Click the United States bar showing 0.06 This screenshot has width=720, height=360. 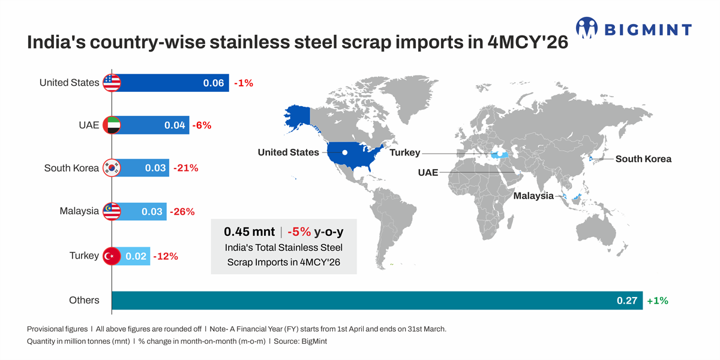pyautogui.click(x=170, y=83)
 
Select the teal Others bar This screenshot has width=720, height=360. pyautogui.click(x=377, y=301)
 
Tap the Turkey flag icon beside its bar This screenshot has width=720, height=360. pyautogui.click(x=112, y=256)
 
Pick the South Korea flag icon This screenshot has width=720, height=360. pyautogui.click(x=112, y=168)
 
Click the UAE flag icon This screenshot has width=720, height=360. pyautogui.click(x=112, y=125)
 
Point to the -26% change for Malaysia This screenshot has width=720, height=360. pyautogui.click(x=182, y=211)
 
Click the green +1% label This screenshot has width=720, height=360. pyautogui.click(x=658, y=301)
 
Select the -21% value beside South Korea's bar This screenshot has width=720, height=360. pyautogui.click(x=186, y=168)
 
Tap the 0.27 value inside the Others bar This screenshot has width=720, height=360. pyautogui.click(x=627, y=301)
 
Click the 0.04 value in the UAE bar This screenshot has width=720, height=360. pyautogui.click(x=175, y=125)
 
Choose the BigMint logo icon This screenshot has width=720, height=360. pyautogui.click(x=587, y=28)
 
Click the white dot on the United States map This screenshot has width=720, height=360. pyautogui.click(x=344, y=152)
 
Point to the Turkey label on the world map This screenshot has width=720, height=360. pyautogui.click(x=404, y=152)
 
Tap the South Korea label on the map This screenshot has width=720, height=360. pyautogui.click(x=643, y=159)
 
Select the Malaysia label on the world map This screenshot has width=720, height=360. pyautogui.click(x=533, y=196)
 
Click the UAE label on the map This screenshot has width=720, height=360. pyautogui.click(x=428, y=173)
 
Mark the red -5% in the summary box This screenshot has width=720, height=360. pyautogui.click(x=299, y=232)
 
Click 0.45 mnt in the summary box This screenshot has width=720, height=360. pyautogui.click(x=249, y=232)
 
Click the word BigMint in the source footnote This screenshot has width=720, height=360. pyautogui.click(x=314, y=341)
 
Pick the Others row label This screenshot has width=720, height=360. pyautogui.click(x=84, y=300)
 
